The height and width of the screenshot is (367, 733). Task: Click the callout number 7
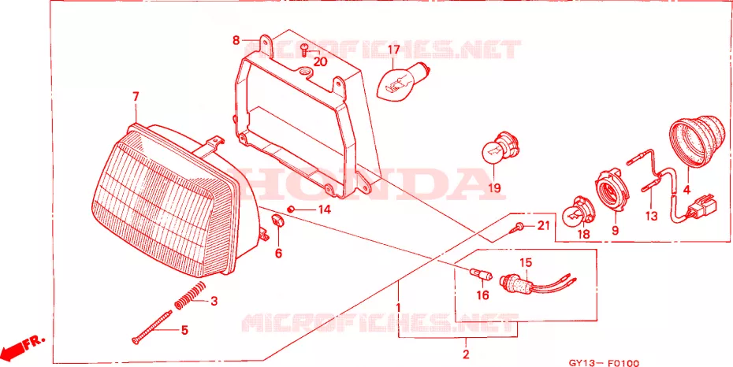pyautogui.click(x=136, y=97)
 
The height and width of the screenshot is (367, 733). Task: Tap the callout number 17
pyautogui.click(x=393, y=50)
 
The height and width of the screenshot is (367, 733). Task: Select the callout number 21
pyautogui.click(x=542, y=226)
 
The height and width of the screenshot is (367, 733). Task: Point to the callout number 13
pyautogui.click(x=651, y=216)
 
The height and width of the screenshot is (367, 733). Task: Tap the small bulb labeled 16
pyautogui.click(x=480, y=275)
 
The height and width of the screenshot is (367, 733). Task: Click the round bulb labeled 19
pyautogui.click(x=502, y=146)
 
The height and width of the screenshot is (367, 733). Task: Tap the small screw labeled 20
pyautogui.click(x=304, y=50)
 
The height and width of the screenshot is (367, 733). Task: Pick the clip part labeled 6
pyautogui.click(x=277, y=220)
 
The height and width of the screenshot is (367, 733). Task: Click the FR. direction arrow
pyautogui.click(x=23, y=345)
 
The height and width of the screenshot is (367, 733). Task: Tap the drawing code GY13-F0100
pyautogui.click(x=604, y=363)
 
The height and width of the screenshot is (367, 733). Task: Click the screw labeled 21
pyautogui.click(x=515, y=228)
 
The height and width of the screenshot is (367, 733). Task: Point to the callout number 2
pyautogui.click(x=466, y=354)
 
